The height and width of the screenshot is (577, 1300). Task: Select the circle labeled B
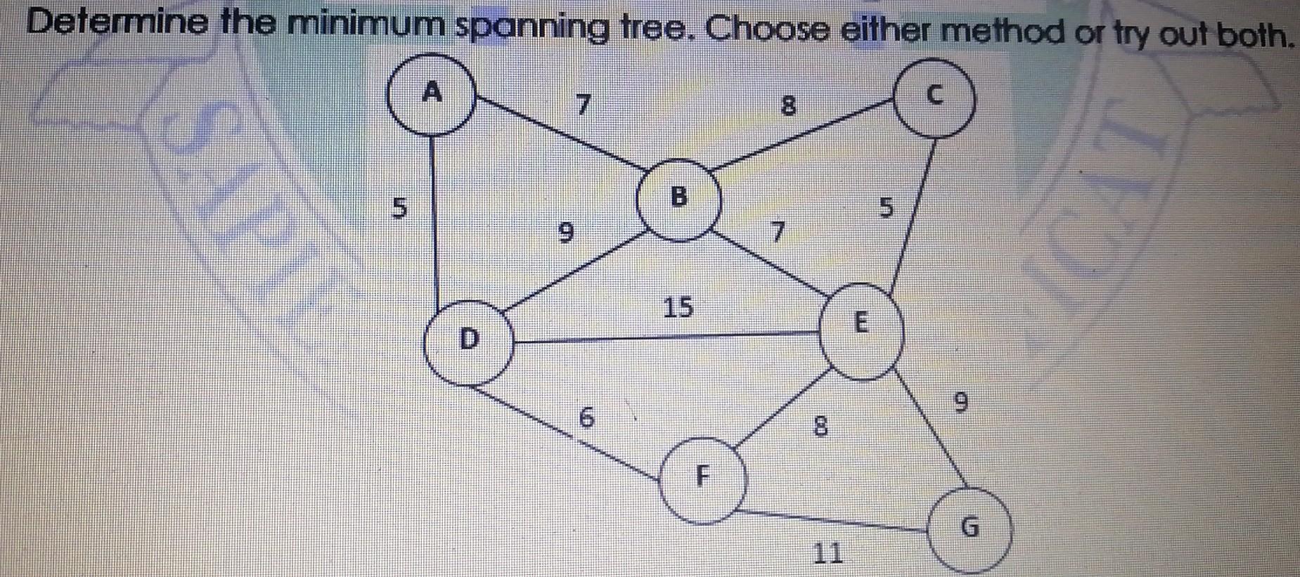[x=678, y=199]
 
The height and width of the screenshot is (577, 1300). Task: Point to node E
[x=861, y=330]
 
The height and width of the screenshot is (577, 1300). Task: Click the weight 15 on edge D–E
[x=678, y=307]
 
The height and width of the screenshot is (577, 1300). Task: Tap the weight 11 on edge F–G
[x=828, y=553]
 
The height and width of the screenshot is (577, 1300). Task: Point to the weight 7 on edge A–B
[x=582, y=105]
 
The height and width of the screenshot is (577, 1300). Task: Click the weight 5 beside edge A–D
[x=399, y=208]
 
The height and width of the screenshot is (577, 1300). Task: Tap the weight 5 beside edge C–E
[x=887, y=208]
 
